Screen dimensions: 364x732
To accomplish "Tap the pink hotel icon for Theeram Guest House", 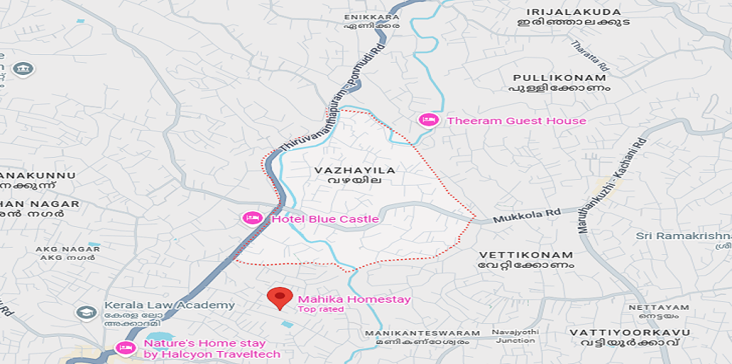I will tap(428, 120).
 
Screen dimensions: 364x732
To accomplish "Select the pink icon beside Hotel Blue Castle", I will tap(251, 218).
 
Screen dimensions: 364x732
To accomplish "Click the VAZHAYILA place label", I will tap(355, 171).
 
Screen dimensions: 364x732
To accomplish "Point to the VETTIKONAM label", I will tap(526, 255).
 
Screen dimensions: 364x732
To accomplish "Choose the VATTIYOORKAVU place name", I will tap(629, 333).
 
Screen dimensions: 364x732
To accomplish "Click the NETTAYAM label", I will tap(649, 308).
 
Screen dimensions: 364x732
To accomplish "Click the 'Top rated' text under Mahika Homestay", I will tap(320, 309).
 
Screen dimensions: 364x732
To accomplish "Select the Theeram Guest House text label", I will tap(516, 121).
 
